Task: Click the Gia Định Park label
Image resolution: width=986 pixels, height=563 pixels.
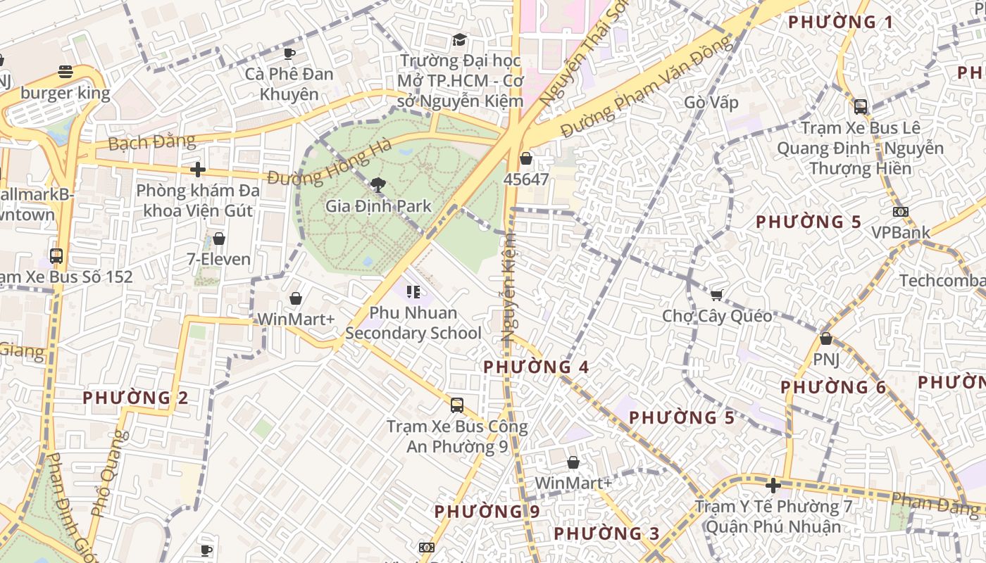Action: pyautogui.click(x=378, y=206)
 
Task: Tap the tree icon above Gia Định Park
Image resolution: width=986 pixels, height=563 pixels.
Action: pyautogui.click(x=378, y=185)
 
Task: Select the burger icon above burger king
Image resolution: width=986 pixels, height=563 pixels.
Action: pyautogui.click(x=65, y=71)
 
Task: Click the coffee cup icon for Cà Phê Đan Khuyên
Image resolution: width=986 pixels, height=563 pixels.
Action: pyautogui.click(x=289, y=53)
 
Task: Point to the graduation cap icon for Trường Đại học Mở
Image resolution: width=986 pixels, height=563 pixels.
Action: pyautogui.click(x=460, y=39)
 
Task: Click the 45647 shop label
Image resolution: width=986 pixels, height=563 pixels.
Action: pyautogui.click(x=526, y=179)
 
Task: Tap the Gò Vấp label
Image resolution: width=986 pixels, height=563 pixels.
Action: pyautogui.click(x=711, y=103)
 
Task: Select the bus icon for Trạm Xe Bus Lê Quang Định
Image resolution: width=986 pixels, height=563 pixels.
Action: pyautogui.click(x=860, y=107)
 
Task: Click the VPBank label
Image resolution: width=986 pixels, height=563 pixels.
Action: pyautogui.click(x=901, y=232)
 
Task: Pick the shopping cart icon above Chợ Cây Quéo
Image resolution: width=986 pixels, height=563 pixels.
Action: pyautogui.click(x=717, y=295)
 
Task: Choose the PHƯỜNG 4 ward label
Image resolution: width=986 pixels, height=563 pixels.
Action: pyautogui.click(x=536, y=367)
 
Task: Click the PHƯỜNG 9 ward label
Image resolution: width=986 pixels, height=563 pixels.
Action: pyautogui.click(x=487, y=512)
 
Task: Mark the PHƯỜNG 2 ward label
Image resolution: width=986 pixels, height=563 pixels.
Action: pyautogui.click(x=135, y=398)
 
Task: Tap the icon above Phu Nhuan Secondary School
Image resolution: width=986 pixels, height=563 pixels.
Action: pyautogui.click(x=413, y=292)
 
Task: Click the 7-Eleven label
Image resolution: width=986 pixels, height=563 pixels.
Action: pyautogui.click(x=219, y=259)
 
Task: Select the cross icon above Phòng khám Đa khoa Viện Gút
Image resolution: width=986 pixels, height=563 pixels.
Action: pyautogui.click(x=198, y=170)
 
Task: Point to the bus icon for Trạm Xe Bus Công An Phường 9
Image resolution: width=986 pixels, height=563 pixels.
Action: pyautogui.click(x=457, y=405)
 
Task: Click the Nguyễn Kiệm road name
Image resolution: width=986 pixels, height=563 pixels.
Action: pyautogui.click(x=509, y=289)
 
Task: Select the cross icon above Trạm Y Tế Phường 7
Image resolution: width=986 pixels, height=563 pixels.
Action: pyautogui.click(x=773, y=486)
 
